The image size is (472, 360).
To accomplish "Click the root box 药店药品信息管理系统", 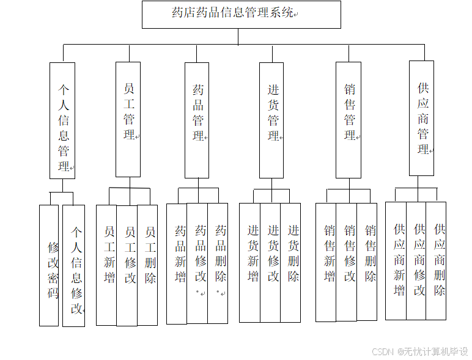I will click(x=241, y=14).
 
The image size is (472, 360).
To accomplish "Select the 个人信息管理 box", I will click(x=62, y=120).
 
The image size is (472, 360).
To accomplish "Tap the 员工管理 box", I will click(x=128, y=119).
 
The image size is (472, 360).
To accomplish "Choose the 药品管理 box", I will click(x=197, y=120).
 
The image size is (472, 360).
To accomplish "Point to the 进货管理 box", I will click(x=271, y=120).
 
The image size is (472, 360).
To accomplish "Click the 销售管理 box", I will click(x=348, y=120).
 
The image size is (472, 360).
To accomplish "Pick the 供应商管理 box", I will click(x=422, y=118).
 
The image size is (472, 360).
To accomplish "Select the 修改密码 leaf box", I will click(x=49, y=265).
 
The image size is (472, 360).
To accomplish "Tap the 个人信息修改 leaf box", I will click(x=74, y=265).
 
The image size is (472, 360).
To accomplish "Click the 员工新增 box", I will click(x=106, y=265).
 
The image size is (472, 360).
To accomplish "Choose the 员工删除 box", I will click(x=147, y=265).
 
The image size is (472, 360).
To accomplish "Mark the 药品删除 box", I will click(x=218, y=263).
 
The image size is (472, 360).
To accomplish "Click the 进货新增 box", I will click(x=249, y=262).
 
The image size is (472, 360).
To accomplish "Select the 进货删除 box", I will click(x=290, y=262).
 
